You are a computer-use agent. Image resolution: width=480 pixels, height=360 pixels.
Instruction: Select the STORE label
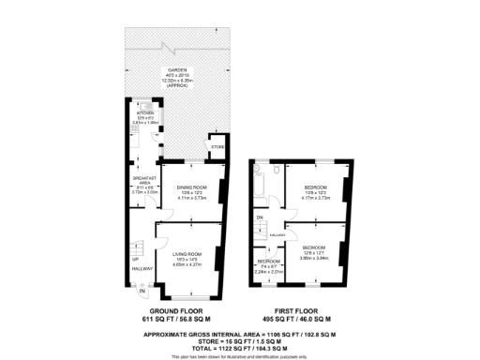[x=217, y=148]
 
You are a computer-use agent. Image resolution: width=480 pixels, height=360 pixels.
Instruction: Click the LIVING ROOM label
[x=187, y=254]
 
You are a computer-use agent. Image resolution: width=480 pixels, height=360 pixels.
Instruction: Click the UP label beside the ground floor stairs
[x=135, y=259]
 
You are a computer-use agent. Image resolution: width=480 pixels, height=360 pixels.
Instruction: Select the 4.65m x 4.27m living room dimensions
[x=187, y=265]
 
